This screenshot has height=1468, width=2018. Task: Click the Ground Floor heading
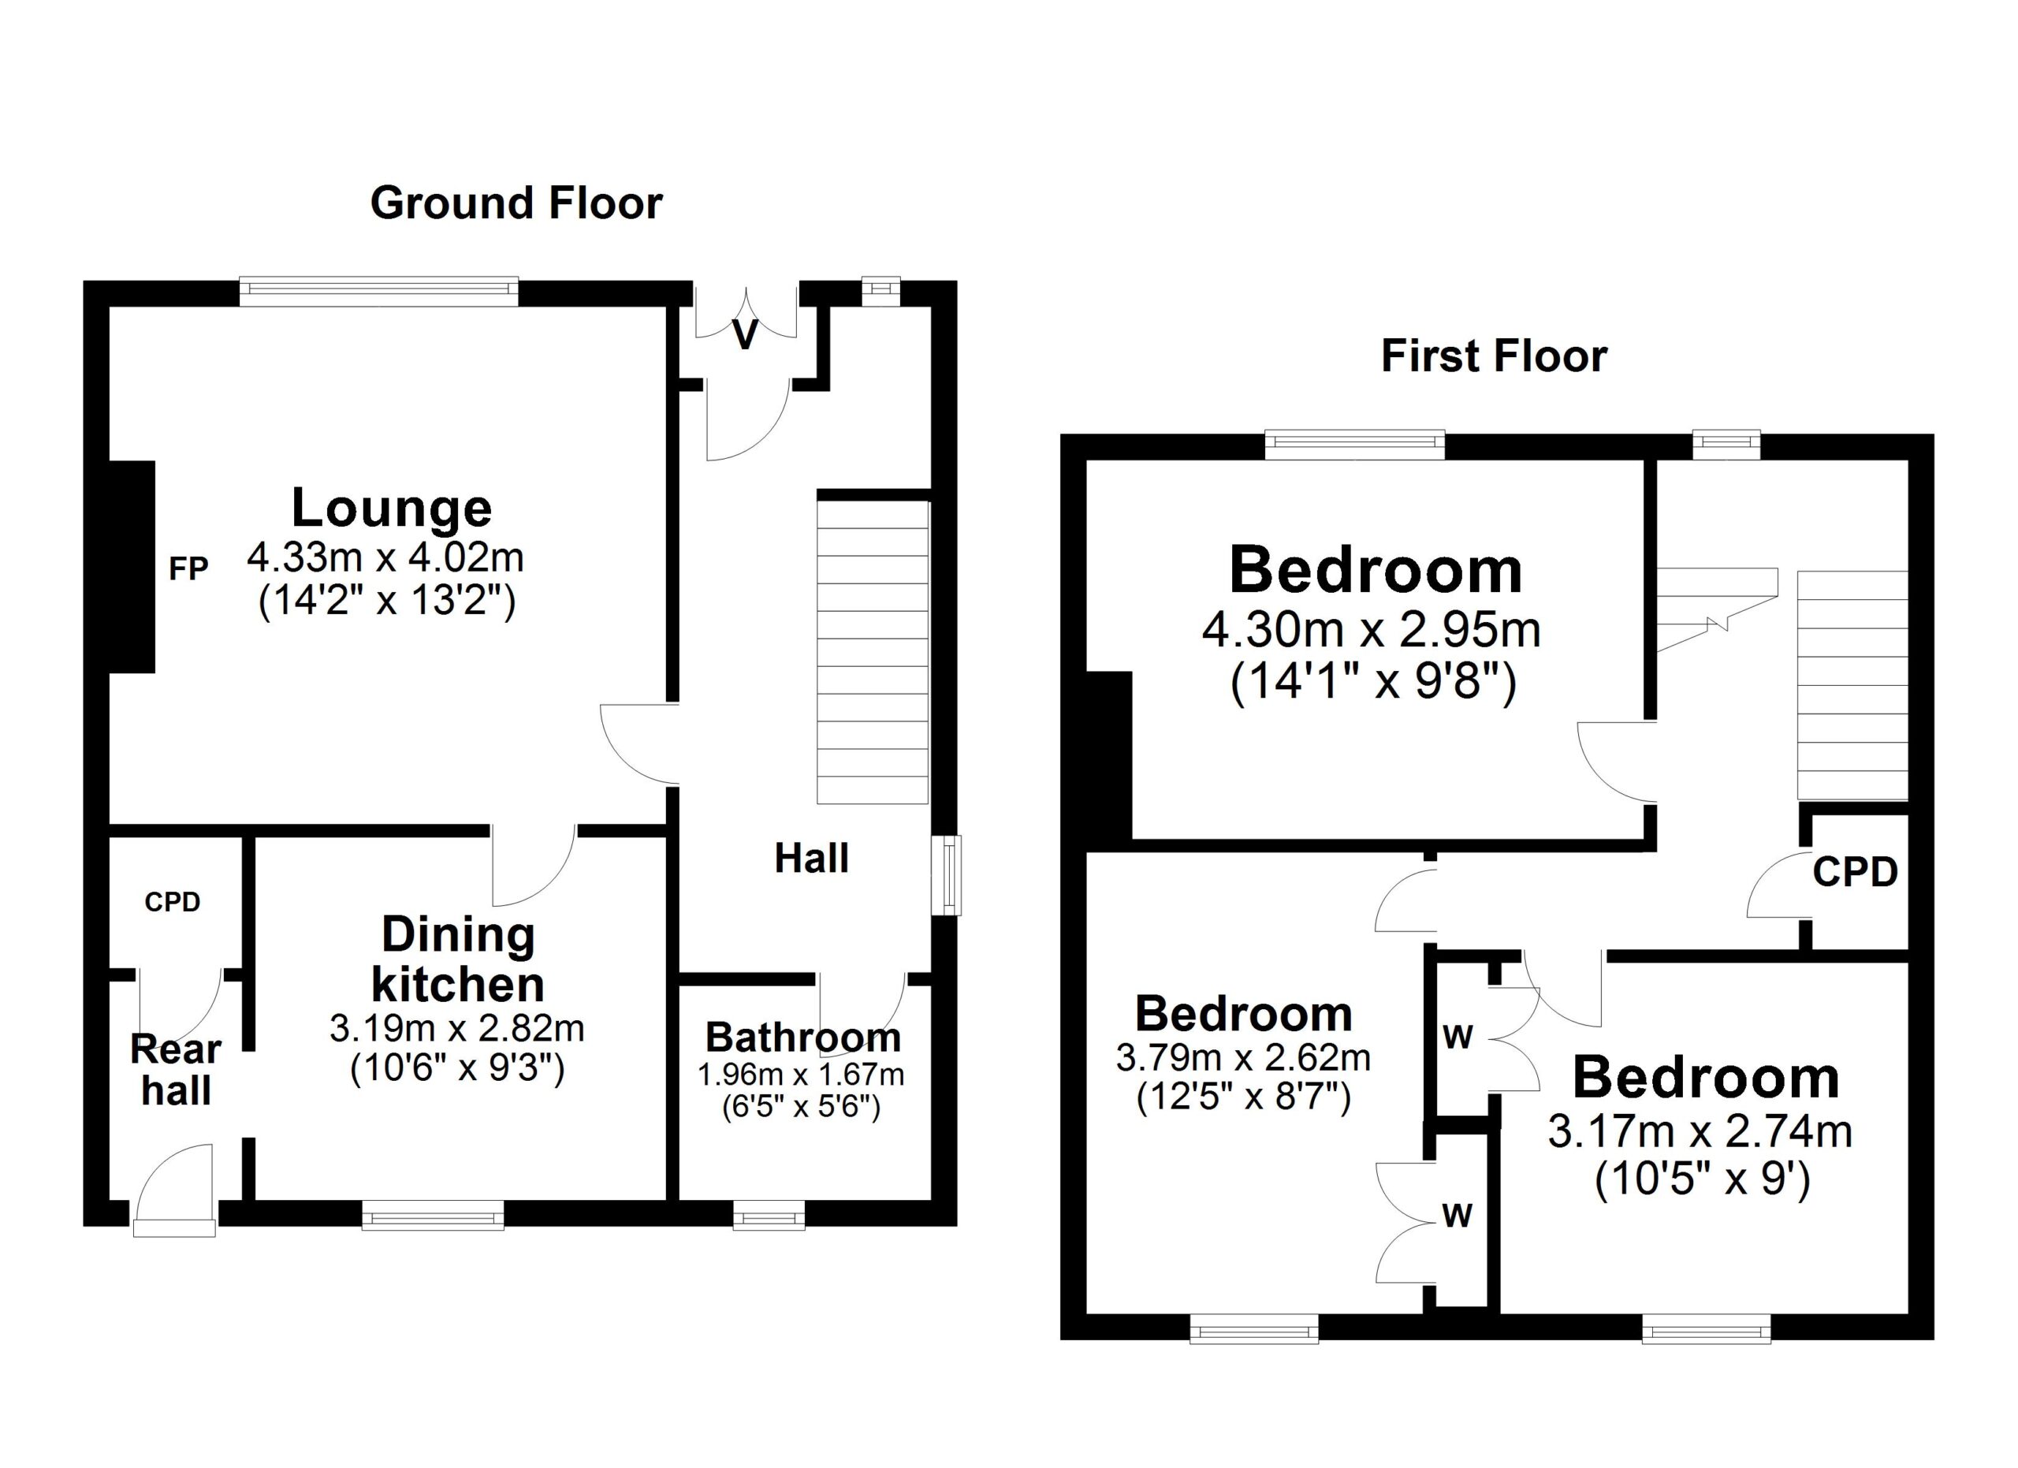pos(516,203)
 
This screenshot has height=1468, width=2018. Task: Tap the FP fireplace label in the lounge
pos(188,568)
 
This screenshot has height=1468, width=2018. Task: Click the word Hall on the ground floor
pos(811,859)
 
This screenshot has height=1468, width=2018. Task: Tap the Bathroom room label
pos(803,1038)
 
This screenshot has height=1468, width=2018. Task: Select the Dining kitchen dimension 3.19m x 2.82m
pos(457,1029)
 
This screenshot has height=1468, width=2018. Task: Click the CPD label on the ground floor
pos(173,902)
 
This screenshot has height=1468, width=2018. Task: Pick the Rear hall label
pos(175,1071)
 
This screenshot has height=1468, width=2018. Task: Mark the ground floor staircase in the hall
pos(873,652)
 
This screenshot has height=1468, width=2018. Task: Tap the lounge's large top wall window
pos(379,291)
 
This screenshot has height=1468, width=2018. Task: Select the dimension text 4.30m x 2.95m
pos(1371,630)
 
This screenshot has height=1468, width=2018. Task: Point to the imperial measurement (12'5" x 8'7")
pos(1243,1098)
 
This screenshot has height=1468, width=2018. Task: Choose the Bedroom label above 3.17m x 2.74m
pos(1706,1078)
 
